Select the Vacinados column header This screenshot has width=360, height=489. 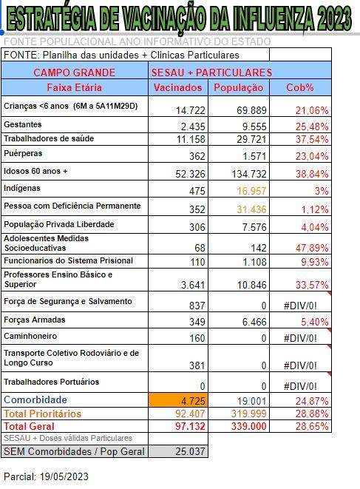(x=177, y=87)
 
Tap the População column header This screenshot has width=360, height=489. (x=238, y=87)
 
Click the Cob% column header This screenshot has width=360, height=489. (x=300, y=87)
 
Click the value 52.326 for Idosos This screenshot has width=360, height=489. (x=186, y=173)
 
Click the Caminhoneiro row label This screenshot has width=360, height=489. (x=33, y=337)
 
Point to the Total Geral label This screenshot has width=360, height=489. (x=34, y=426)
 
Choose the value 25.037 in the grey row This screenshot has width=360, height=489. (x=188, y=451)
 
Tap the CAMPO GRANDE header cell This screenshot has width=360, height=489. (x=74, y=72)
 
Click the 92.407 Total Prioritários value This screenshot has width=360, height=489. (x=184, y=414)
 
